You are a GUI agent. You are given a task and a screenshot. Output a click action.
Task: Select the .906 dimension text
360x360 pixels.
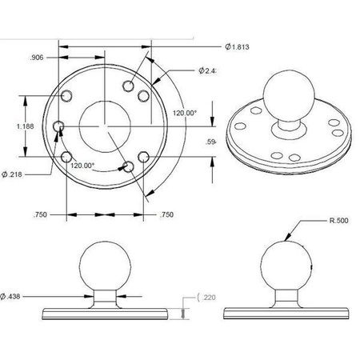(x=36, y=58)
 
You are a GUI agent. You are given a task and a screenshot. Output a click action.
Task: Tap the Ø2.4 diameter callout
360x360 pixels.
(x=210, y=71)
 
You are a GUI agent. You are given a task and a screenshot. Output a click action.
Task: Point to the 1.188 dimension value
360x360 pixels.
(x=14, y=126)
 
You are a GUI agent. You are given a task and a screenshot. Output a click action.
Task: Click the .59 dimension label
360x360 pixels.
(x=210, y=142)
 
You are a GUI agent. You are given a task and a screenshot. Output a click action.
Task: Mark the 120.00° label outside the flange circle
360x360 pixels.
(x=184, y=113)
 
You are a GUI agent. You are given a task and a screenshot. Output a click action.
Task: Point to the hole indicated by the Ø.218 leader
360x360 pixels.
(x=58, y=126)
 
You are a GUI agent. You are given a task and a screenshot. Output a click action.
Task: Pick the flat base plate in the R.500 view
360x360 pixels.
(x=286, y=309)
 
